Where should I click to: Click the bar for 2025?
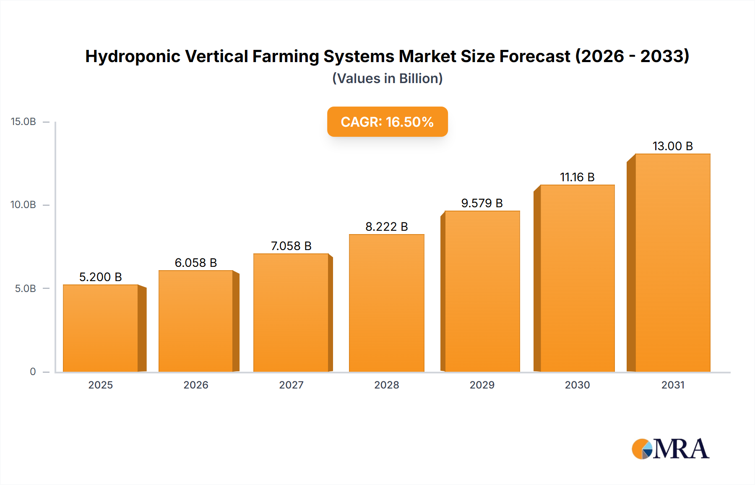pyautogui.click(x=101, y=328)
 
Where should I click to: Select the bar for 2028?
pyautogui.click(x=386, y=303)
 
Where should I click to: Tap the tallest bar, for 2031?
pyautogui.click(x=672, y=263)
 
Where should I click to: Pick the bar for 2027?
pyautogui.click(x=291, y=313)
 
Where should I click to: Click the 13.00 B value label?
pyautogui.click(x=672, y=146)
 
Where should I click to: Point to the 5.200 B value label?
pyautogui.click(x=101, y=277)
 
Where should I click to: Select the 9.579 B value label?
pyautogui.click(x=482, y=203)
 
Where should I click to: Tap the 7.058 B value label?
pyautogui.click(x=291, y=246)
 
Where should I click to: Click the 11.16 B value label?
pyautogui.click(x=577, y=177)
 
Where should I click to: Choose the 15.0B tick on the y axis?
pyautogui.click(x=23, y=122)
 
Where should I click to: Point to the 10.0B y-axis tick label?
pyautogui.click(x=23, y=205)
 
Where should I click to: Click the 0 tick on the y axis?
pyautogui.click(x=33, y=371)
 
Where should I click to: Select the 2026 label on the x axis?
pyautogui.click(x=196, y=385)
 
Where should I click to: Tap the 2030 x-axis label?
pyautogui.click(x=577, y=385)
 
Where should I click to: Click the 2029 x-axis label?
pyautogui.click(x=482, y=385)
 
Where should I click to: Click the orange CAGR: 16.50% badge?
pyautogui.click(x=387, y=122)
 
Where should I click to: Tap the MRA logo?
pyautogui.click(x=670, y=449)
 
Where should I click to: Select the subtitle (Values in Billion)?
pyautogui.click(x=387, y=78)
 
